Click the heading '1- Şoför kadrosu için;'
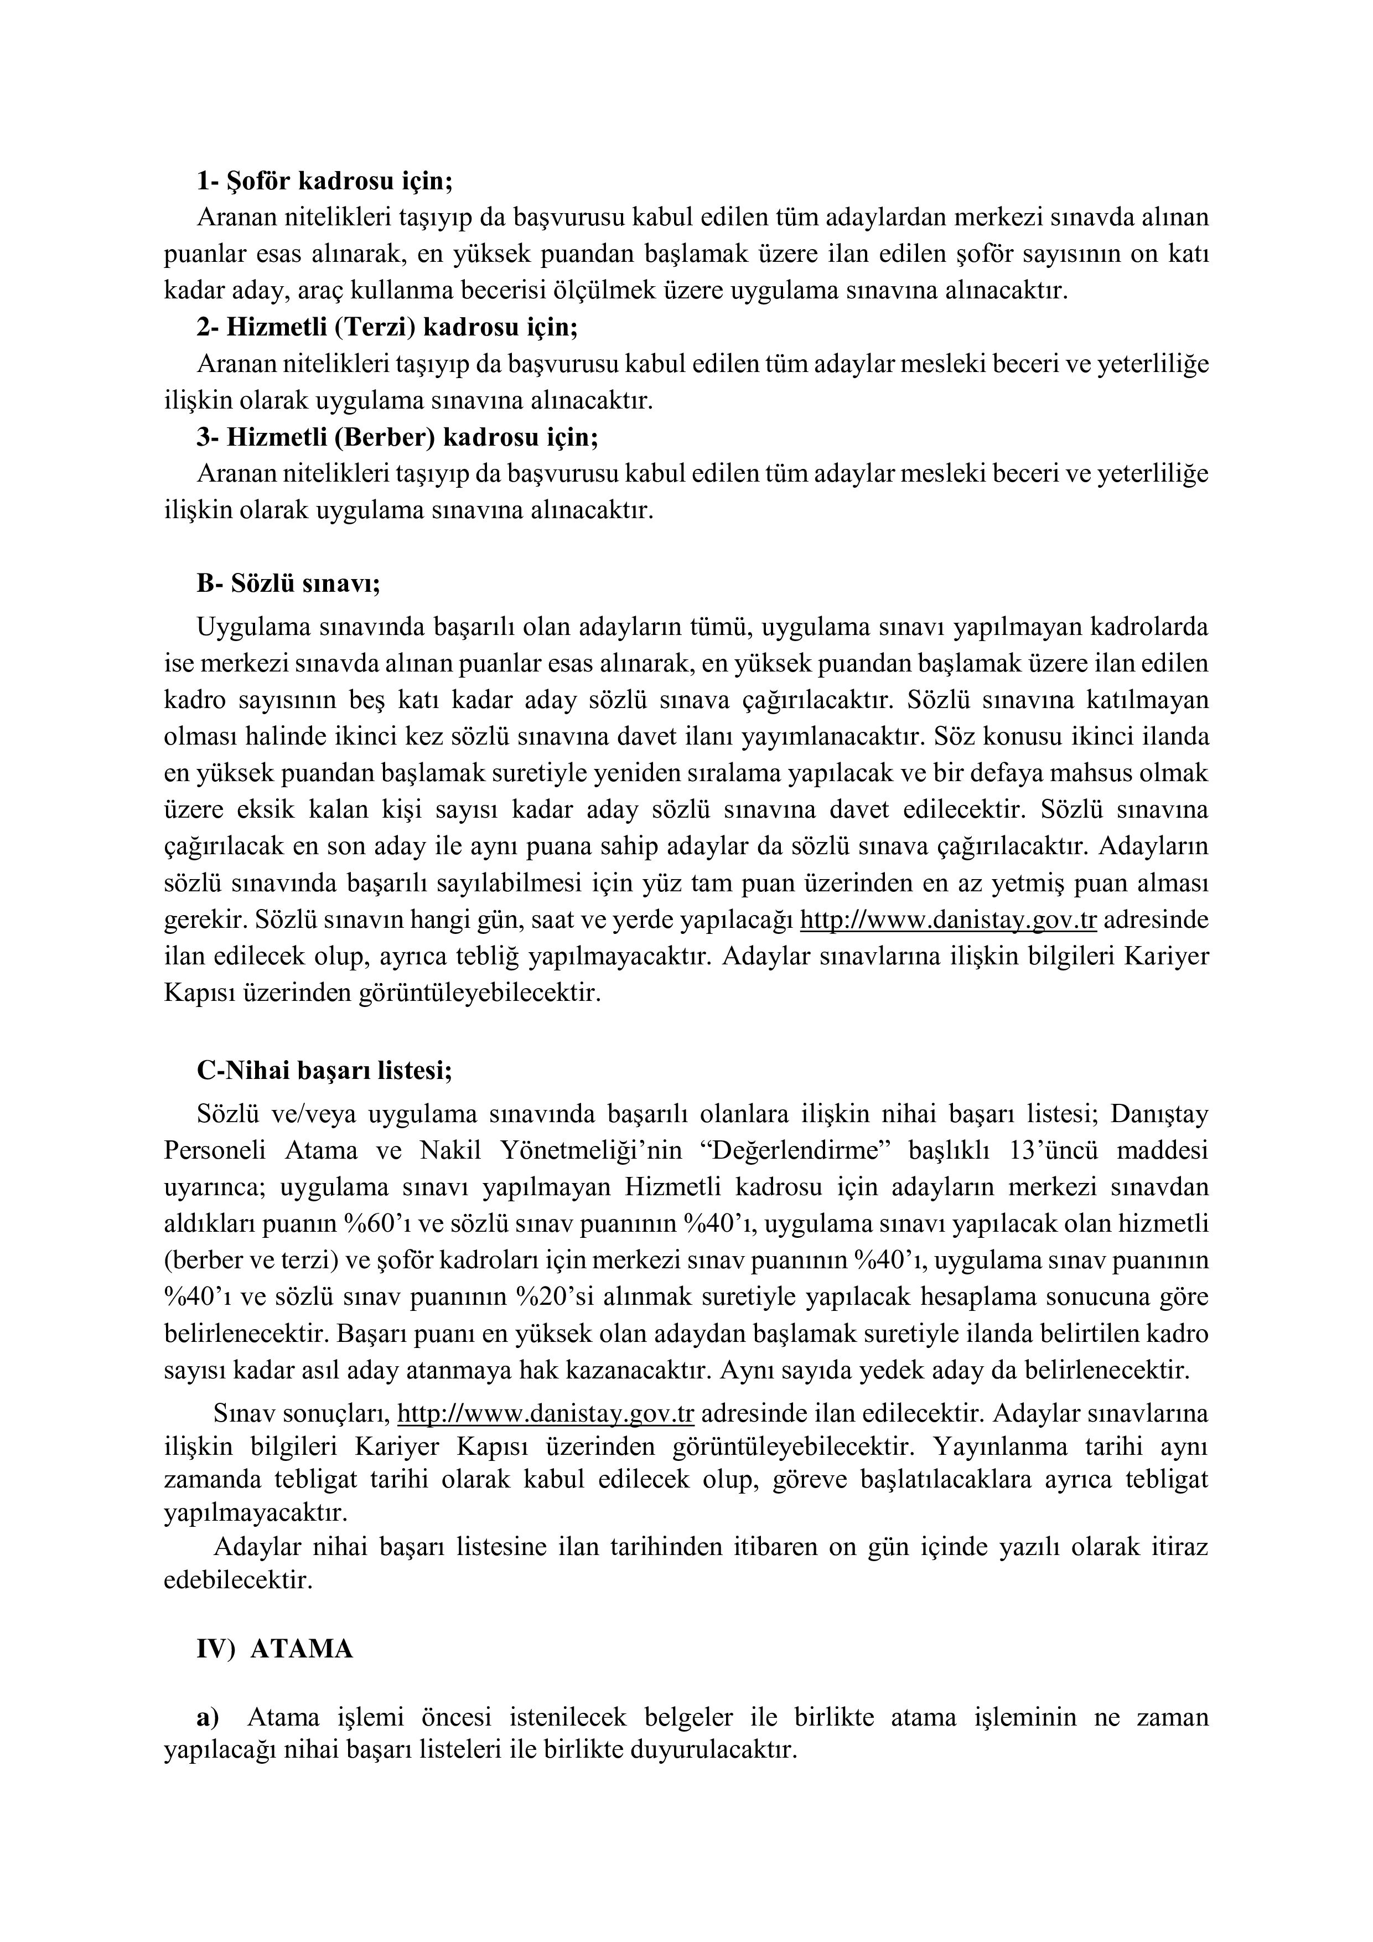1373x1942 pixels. [325, 181]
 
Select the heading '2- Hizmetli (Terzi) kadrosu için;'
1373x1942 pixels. [388, 327]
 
